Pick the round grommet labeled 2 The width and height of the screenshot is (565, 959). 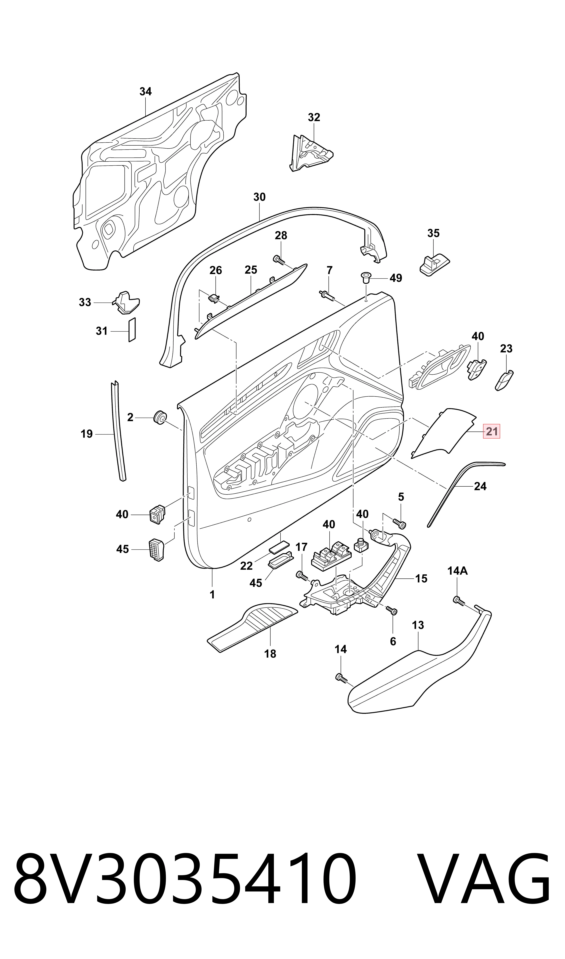coord(159,417)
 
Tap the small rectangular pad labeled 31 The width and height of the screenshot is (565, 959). coord(132,330)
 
